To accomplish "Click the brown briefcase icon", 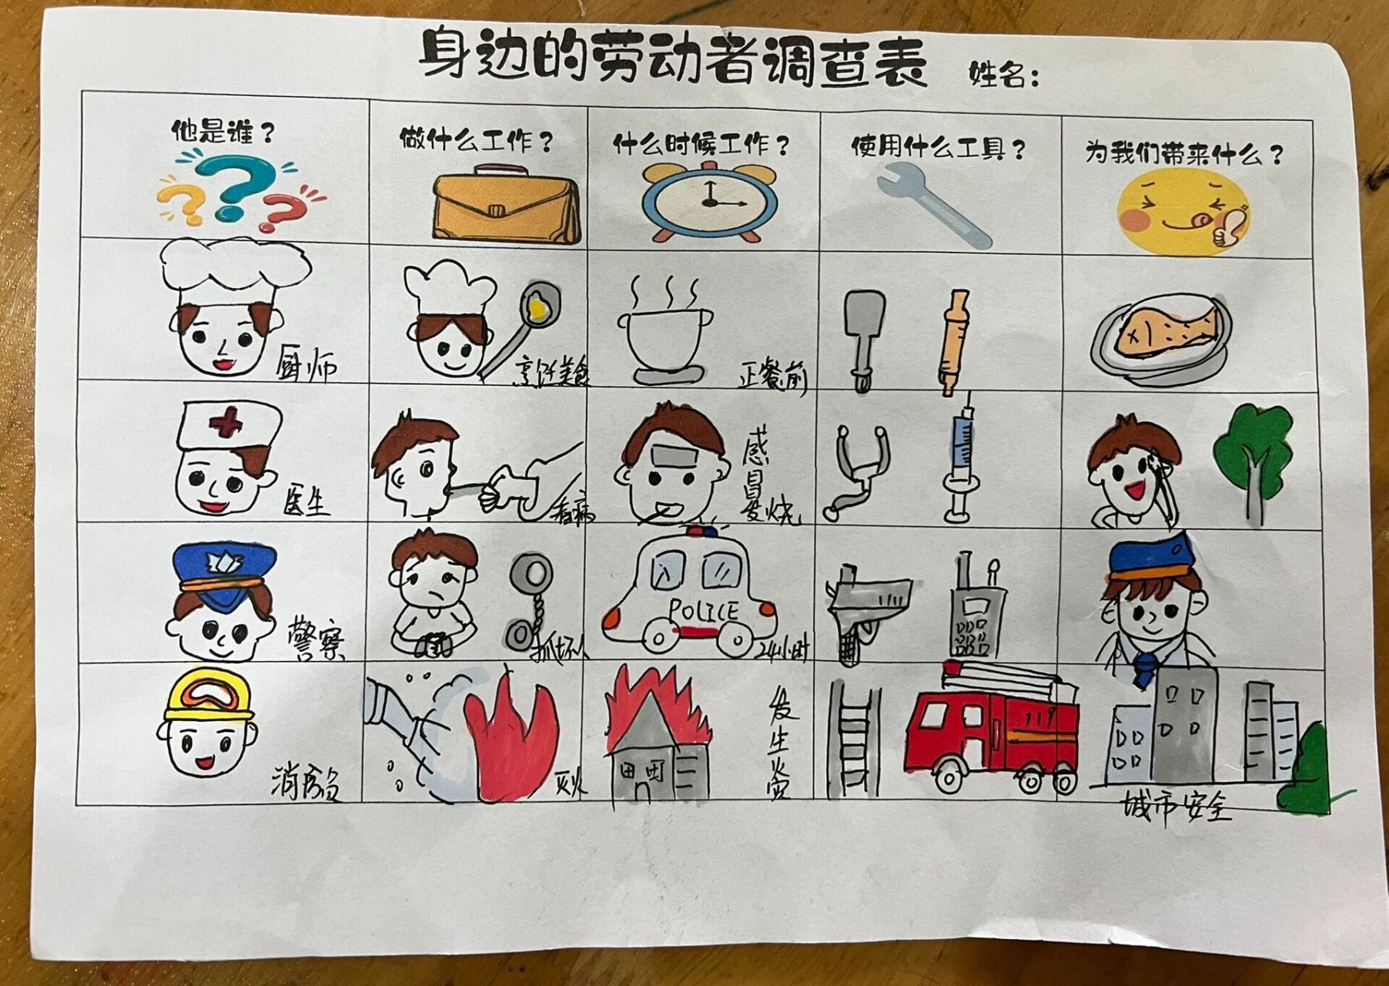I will coord(506,208).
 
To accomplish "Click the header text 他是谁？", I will coord(222,132).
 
